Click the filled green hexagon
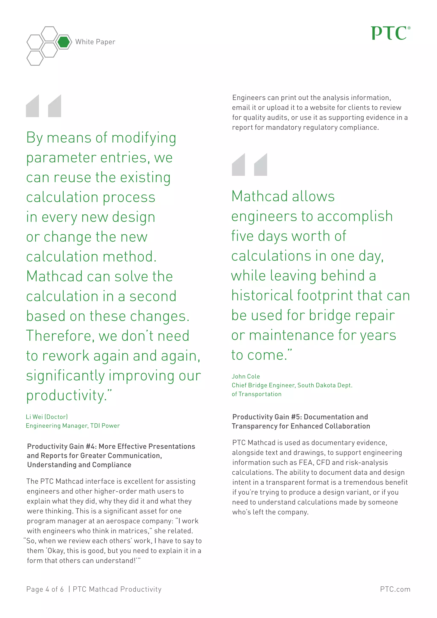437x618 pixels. [64, 42]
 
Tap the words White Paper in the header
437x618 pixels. [95, 42]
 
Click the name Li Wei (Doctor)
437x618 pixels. [47, 417]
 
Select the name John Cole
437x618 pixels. [246, 377]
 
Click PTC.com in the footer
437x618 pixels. [395, 589]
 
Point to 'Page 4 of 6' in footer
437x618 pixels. [45, 589]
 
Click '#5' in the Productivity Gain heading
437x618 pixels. [296, 417]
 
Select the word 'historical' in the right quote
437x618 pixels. [262, 296]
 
